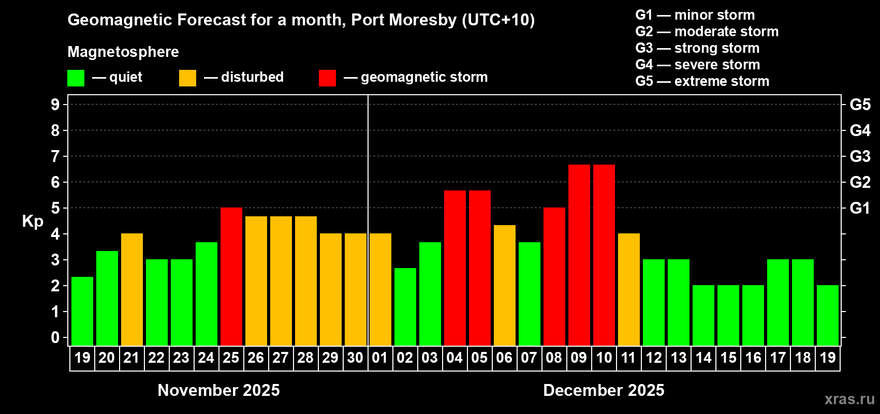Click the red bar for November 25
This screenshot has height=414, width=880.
tap(231, 277)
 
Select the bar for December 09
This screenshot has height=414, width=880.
tap(579, 255)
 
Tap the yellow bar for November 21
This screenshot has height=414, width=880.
tap(131, 290)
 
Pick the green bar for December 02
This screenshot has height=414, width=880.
tap(405, 307)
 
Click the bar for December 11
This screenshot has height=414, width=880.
tap(628, 290)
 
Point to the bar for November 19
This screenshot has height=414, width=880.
tap(82, 312)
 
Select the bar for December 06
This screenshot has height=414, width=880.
tap(504, 286)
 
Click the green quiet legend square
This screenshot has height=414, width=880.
tap(76, 78)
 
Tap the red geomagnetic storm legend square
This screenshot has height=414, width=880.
tap(327, 78)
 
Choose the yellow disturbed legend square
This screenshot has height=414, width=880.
tap(187, 78)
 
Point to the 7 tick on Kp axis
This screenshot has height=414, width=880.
tap(55, 156)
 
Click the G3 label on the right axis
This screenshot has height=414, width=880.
tap(860, 156)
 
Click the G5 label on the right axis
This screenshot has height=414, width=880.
tap(860, 105)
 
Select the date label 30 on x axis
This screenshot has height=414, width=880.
tap(355, 358)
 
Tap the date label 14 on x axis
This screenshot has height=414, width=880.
tap(703, 358)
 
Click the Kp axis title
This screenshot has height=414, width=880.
tap(33, 221)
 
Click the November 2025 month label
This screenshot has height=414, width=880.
tap(218, 390)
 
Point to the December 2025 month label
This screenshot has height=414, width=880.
tap(604, 390)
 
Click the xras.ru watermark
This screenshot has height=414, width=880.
tap(849, 399)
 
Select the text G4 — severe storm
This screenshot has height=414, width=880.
tap(698, 65)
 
